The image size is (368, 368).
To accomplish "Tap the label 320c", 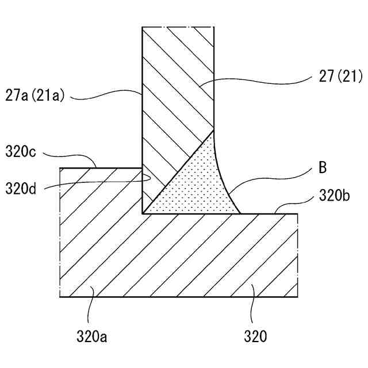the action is pos(21,152).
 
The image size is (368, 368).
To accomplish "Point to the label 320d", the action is pos(21,188).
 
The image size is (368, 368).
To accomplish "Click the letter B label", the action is pos(323,168).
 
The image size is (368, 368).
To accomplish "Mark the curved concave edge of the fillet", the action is pos(221,175).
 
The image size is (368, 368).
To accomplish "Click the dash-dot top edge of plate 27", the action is pos(178,27).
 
